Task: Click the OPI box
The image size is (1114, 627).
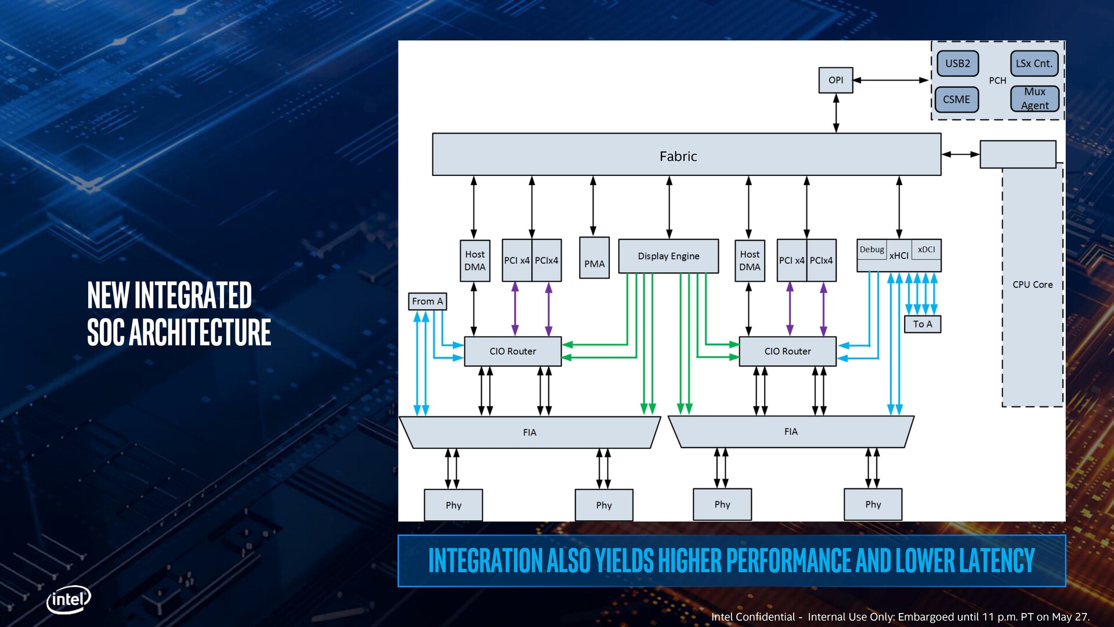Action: click(x=835, y=80)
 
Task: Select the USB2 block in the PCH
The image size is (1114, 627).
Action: click(x=957, y=63)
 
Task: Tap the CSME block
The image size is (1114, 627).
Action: click(x=956, y=99)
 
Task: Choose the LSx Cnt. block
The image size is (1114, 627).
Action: click(x=1034, y=63)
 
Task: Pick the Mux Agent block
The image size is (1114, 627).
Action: click(x=1035, y=99)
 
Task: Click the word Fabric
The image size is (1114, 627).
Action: click(x=678, y=156)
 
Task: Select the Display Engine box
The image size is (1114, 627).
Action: click(x=668, y=256)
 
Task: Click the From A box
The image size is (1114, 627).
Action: click(x=428, y=301)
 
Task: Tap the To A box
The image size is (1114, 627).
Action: click(x=923, y=324)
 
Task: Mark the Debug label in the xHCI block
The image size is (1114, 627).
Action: click(x=871, y=250)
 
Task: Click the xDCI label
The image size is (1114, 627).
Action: click(x=926, y=250)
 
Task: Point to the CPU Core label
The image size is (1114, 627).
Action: click(x=1032, y=284)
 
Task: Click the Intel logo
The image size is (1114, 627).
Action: click(x=68, y=599)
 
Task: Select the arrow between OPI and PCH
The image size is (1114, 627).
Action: click(x=891, y=80)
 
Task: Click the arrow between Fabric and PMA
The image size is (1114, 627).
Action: click(x=593, y=206)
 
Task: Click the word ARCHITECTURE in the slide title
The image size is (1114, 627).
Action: click(x=200, y=332)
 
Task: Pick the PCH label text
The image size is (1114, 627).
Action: click(x=997, y=81)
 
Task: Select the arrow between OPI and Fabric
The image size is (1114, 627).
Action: click(x=836, y=113)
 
